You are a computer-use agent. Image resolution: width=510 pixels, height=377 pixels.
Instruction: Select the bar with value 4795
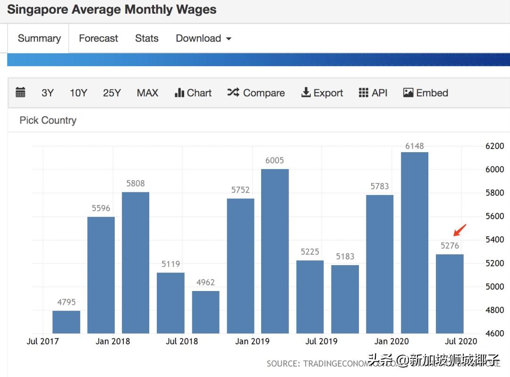[x=66, y=322]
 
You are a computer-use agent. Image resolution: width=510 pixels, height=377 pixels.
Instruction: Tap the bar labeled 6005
[x=275, y=251]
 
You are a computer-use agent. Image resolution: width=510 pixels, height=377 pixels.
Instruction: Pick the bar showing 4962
[x=205, y=312]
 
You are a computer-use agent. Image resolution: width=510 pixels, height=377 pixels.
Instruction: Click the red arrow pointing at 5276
[x=459, y=230]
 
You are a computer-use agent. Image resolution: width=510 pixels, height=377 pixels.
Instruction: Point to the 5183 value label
[x=345, y=257]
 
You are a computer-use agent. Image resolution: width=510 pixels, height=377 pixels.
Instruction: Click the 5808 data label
[x=136, y=183]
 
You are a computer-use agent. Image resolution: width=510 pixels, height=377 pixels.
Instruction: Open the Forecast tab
[x=98, y=38]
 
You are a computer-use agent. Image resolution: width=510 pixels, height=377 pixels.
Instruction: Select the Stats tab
[x=146, y=38]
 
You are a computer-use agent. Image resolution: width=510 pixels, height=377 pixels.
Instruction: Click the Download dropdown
[x=203, y=38]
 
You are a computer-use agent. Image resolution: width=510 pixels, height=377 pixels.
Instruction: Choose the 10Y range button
[x=78, y=93]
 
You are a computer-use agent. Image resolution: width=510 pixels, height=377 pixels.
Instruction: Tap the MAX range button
[x=147, y=93]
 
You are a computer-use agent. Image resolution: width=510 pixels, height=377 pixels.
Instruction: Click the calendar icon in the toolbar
[x=20, y=93]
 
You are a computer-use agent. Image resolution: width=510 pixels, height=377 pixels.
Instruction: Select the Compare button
[x=256, y=93]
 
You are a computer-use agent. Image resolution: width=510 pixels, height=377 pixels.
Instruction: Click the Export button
[x=322, y=93]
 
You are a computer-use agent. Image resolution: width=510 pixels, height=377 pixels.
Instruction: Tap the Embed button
[x=425, y=93]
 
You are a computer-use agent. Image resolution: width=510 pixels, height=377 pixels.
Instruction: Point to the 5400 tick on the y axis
[x=494, y=240]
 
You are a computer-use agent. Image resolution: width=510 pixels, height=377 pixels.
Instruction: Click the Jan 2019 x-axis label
[x=252, y=341]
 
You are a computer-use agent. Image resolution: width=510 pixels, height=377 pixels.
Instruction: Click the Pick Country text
[x=48, y=120]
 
